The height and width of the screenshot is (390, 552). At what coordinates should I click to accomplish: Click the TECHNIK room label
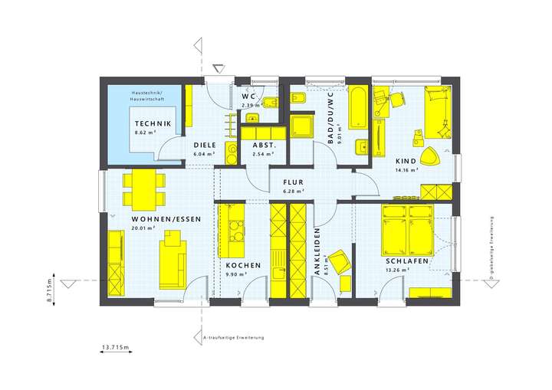(x=152, y=123)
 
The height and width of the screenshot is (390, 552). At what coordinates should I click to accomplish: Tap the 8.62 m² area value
(x=146, y=133)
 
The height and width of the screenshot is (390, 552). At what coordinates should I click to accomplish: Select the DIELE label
(x=204, y=145)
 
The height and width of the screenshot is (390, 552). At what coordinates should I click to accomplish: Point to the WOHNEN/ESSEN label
(x=156, y=219)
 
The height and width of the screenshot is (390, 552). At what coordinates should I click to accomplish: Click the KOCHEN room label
(x=243, y=265)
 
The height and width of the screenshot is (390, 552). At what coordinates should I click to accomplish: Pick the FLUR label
(x=294, y=182)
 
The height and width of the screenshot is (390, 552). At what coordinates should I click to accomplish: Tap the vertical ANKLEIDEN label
(x=317, y=254)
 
